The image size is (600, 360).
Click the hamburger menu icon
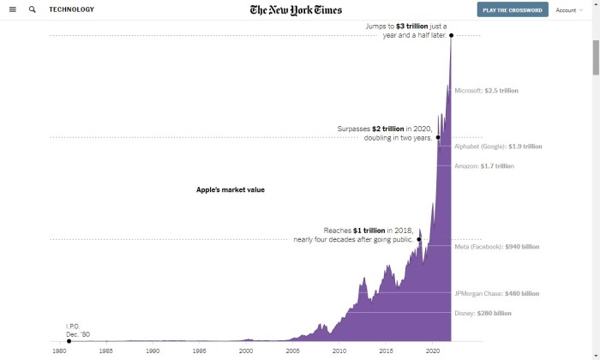click(x=12, y=9)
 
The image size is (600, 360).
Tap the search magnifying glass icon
click(x=33, y=9)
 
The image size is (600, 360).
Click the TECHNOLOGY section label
click(x=72, y=9)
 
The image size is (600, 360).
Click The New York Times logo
click(x=296, y=10)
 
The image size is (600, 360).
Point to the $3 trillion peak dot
click(x=452, y=35)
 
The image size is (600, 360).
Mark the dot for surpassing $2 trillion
click(x=438, y=137)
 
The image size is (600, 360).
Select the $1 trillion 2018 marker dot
click(x=419, y=239)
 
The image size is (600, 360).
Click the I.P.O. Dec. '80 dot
click(x=69, y=341)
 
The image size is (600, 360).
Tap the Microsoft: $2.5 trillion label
click(x=486, y=90)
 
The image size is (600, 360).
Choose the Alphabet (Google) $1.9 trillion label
click(x=498, y=147)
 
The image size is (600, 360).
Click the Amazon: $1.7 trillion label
click(x=484, y=166)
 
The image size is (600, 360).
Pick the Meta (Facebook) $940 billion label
click(x=497, y=247)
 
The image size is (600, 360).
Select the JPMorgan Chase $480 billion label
click(x=497, y=293)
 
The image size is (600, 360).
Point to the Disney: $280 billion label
click(x=483, y=314)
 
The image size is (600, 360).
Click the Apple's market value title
click(x=231, y=189)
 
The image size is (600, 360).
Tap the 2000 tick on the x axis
click(x=246, y=351)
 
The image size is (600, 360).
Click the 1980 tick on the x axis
click(x=59, y=351)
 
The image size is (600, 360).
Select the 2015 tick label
click(x=386, y=351)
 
